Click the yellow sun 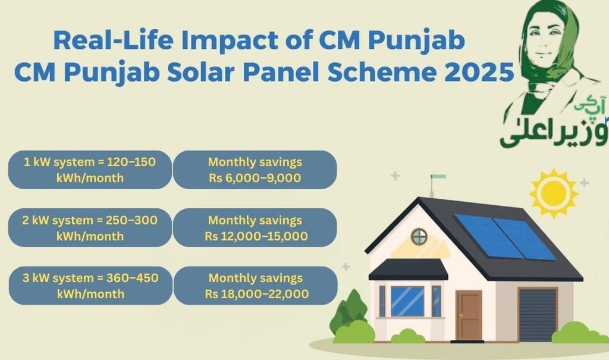tap(553, 193)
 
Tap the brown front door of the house tap(469, 315)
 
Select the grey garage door tap(537, 315)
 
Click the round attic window tap(419, 236)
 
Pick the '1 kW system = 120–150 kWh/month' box tap(90, 170)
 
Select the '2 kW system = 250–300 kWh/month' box tap(90, 228)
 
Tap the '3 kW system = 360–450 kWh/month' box tap(90, 286)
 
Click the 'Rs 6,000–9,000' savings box tap(255, 170)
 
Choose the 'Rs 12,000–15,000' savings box tap(255, 228)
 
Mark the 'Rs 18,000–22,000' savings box tap(255, 286)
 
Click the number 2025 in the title tap(480, 73)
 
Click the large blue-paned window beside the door tap(407, 301)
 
